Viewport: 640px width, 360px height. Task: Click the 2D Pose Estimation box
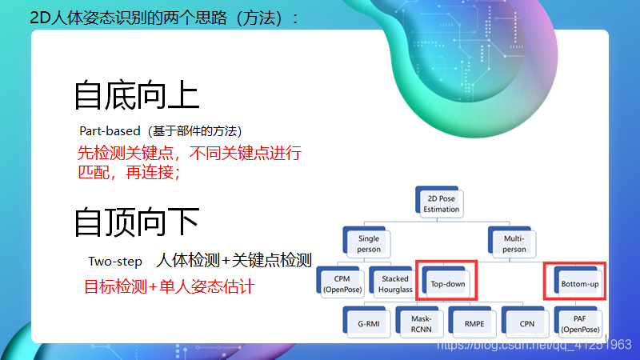442,203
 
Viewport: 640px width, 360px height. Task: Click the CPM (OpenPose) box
342,284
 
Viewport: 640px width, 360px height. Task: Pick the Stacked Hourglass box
395,284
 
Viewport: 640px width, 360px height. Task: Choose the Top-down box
448,284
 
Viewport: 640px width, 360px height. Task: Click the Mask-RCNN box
422,323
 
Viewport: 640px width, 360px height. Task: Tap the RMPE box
474,323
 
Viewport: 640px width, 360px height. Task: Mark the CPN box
526,323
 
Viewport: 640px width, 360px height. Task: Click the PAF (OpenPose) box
579,323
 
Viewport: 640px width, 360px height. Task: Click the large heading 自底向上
137,94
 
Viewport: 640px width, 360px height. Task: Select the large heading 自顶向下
137,222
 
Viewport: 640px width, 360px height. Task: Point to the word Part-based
110,130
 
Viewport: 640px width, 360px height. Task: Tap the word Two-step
115,262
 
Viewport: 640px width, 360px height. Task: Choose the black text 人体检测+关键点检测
234,261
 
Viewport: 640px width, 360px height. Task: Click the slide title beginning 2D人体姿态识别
164,18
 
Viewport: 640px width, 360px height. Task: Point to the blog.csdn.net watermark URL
532,345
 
